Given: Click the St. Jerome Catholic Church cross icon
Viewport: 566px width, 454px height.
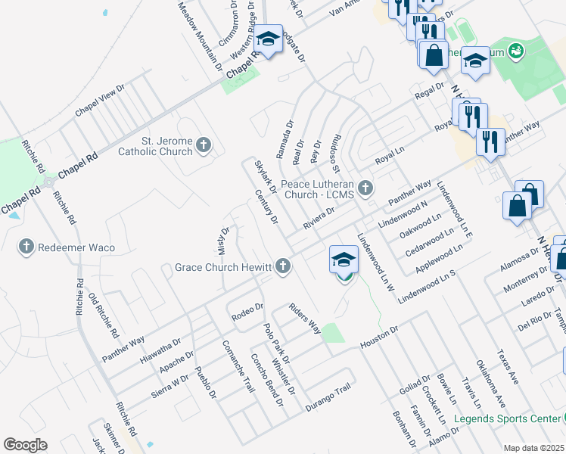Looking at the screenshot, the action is (203, 145).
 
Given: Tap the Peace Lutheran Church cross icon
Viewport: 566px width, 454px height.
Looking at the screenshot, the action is (366, 187).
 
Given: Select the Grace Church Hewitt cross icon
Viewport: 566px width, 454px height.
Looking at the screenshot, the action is (283, 266).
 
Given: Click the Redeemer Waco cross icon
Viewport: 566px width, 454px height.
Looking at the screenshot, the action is (26, 246).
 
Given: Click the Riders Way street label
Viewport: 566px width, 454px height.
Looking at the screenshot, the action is (304, 319).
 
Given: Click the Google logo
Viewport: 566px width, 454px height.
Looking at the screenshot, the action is (25, 445).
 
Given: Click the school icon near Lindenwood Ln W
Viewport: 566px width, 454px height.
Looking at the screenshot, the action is (344, 260).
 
